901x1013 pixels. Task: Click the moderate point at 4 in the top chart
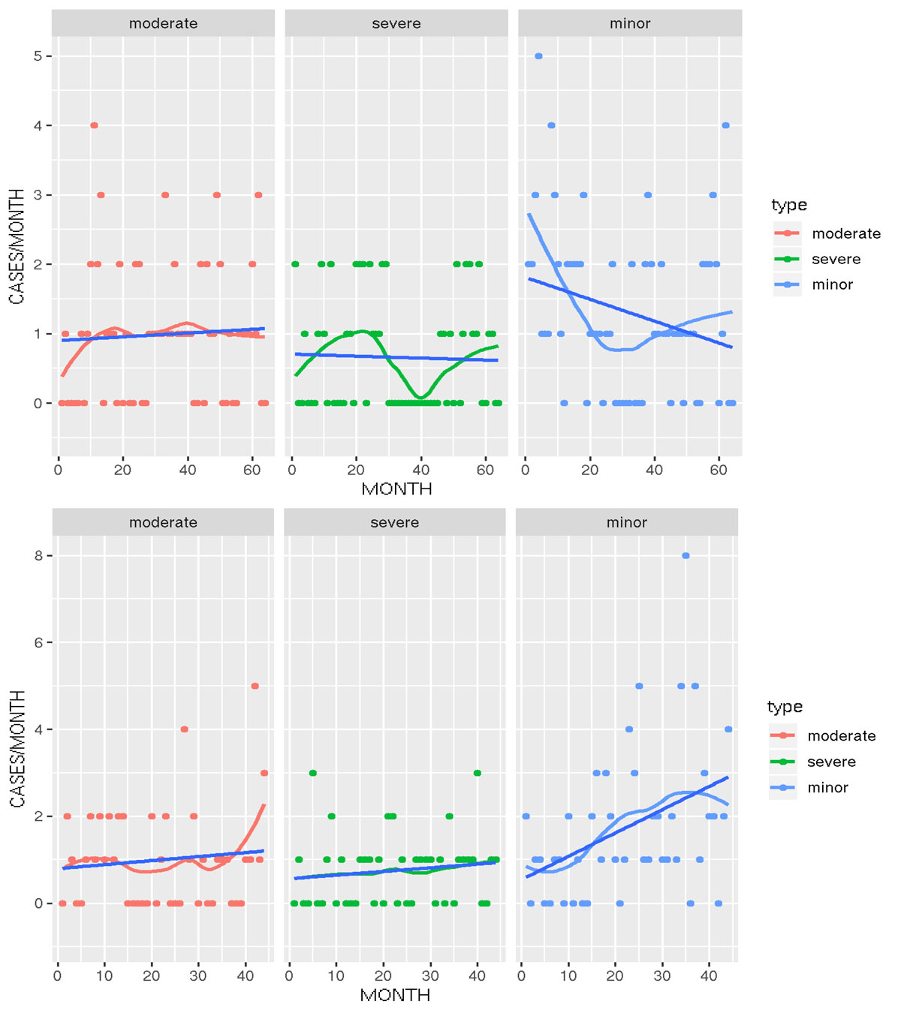pyautogui.click(x=94, y=125)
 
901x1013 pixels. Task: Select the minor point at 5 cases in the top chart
pyautogui.click(x=538, y=56)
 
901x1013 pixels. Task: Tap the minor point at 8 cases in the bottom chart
pyautogui.click(x=686, y=556)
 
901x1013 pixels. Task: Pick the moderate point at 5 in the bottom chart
pyautogui.click(x=255, y=686)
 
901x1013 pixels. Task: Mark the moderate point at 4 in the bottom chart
pyautogui.click(x=184, y=729)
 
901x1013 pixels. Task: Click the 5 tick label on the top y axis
pyautogui.click(x=38, y=56)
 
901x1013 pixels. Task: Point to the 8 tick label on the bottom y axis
pyautogui.click(x=38, y=556)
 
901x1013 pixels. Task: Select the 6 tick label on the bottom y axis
pyautogui.click(x=38, y=642)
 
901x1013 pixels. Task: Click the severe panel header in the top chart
pyautogui.click(x=396, y=23)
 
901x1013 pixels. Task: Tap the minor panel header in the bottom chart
pyautogui.click(x=627, y=522)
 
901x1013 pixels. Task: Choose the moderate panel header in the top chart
pyautogui.click(x=163, y=23)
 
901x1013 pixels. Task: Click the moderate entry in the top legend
pyautogui.click(x=846, y=233)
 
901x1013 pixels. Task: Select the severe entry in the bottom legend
pyautogui.click(x=831, y=762)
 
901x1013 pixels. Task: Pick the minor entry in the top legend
pyautogui.click(x=833, y=284)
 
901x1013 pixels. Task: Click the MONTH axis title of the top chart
pyautogui.click(x=396, y=489)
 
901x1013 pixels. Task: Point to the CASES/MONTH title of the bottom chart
pyautogui.click(x=17, y=749)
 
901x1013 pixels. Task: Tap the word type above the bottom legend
pyautogui.click(x=785, y=707)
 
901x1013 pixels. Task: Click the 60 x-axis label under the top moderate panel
pyautogui.click(x=252, y=470)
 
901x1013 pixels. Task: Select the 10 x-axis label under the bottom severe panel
pyautogui.click(x=336, y=976)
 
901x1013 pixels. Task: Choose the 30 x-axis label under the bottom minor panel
pyautogui.click(x=661, y=976)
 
